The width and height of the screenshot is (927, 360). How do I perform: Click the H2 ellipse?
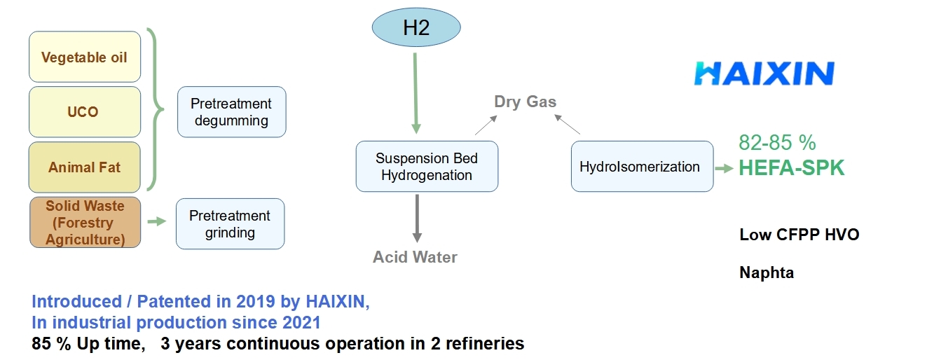[x=416, y=27]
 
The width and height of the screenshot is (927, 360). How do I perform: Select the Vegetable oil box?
[x=85, y=57]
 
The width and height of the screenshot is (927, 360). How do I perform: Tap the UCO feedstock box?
[x=85, y=112]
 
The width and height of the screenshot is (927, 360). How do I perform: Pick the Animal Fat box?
[x=85, y=167]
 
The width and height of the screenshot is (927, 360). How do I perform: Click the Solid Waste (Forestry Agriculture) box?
[x=85, y=223]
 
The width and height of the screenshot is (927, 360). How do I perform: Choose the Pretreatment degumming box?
[x=231, y=112]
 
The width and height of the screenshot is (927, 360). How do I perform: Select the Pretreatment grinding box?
[x=230, y=223]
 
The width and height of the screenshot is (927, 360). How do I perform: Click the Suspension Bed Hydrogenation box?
[x=427, y=167]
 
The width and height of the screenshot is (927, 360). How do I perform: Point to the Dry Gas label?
[x=525, y=102]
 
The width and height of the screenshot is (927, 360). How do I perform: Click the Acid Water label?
[x=415, y=257]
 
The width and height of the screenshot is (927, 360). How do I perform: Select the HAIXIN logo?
[x=764, y=74]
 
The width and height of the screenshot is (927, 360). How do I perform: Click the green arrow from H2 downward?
[x=416, y=91]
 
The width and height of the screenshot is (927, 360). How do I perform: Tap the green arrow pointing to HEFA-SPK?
[x=725, y=168]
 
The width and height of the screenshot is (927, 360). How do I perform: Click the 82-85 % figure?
[x=777, y=143]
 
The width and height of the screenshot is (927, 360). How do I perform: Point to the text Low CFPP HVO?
[x=799, y=235]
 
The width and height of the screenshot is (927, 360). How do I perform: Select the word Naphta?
[x=767, y=273]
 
